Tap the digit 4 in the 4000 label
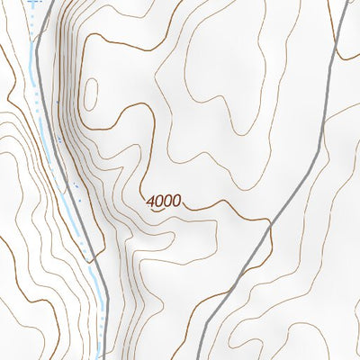point(150,201)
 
